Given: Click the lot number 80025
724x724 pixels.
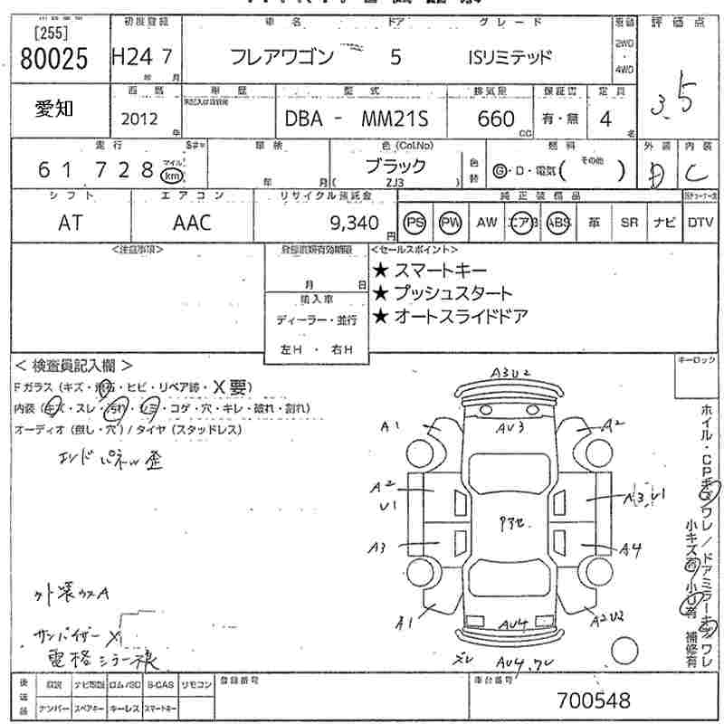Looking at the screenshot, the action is click(x=52, y=60).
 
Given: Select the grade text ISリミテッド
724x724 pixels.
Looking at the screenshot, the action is click(x=510, y=58).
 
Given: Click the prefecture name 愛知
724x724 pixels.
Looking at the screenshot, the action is click(x=55, y=110).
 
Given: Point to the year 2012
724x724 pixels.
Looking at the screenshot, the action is click(x=138, y=119).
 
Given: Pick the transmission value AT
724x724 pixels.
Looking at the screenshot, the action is click(x=69, y=223).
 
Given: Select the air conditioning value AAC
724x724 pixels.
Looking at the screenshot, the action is click(x=192, y=223).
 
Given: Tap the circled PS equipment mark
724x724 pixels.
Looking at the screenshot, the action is click(x=415, y=223).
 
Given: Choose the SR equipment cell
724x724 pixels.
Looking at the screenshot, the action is click(x=630, y=223).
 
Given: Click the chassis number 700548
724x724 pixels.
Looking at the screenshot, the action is click(x=593, y=700).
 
